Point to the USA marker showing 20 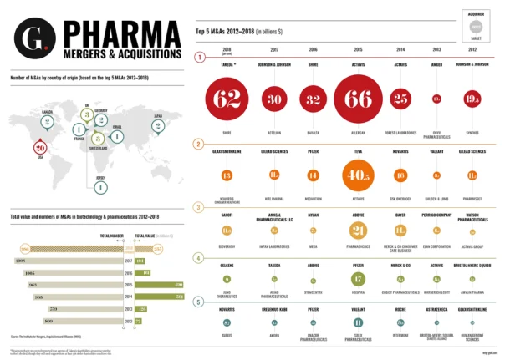pos(39,149)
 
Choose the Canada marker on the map pos(48,121)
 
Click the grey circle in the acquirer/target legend pos(476,28)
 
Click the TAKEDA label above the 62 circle pos(227,63)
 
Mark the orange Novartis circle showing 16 pos(400,175)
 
